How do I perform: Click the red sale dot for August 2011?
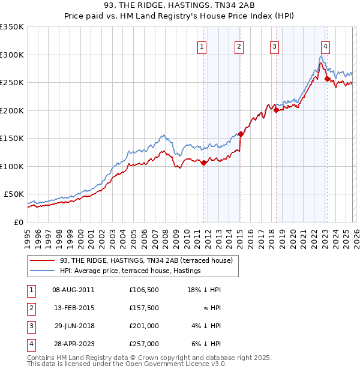tap(203, 163)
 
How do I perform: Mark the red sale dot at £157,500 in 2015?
tap(241, 134)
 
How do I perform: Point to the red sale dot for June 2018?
tap(276, 110)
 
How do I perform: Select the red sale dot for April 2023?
tap(327, 79)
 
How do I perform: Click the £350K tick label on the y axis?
tap(12, 27)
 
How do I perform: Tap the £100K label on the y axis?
tap(12, 166)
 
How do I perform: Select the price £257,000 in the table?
tap(143, 344)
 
